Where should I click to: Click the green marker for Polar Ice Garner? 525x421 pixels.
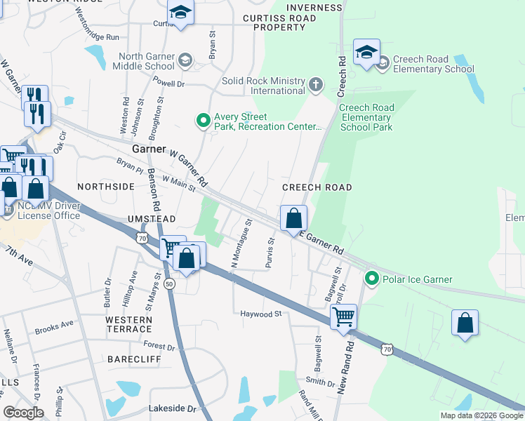(x=372, y=279)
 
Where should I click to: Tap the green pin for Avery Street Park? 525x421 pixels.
(x=204, y=121)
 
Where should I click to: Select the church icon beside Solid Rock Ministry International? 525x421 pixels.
(x=316, y=86)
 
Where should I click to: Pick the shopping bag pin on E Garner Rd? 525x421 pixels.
(x=293, y=218)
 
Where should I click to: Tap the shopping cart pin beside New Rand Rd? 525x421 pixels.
(x=343, y=316)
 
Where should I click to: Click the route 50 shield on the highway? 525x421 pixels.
(x=169, y=284)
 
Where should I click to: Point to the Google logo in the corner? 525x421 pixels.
(x=23, y=413)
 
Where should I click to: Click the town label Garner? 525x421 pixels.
(x=148, y=150)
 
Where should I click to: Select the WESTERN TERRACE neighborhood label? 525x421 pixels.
(x=128, y=324)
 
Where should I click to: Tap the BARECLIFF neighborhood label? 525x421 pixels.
(x=134, y=359)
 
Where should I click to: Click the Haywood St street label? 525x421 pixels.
(x=260, y=314)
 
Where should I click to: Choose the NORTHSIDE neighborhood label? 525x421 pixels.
(x=105, y=187)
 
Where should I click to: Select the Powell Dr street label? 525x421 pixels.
(x=168, y=83)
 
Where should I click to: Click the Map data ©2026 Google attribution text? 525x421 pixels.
(x=481, y=415)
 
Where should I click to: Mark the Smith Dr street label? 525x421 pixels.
(x=320, y=382)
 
